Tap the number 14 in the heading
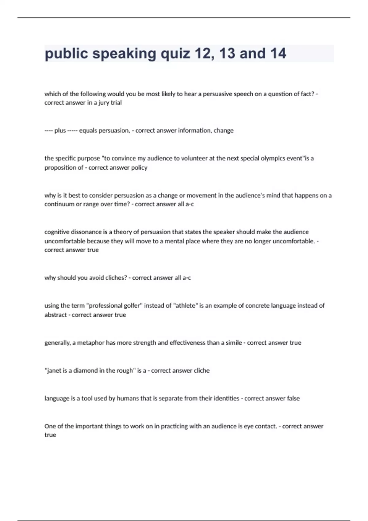coord(278,53)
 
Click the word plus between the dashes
coord(60,131)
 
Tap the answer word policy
coord(139,168)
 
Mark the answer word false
coord(293,398)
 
